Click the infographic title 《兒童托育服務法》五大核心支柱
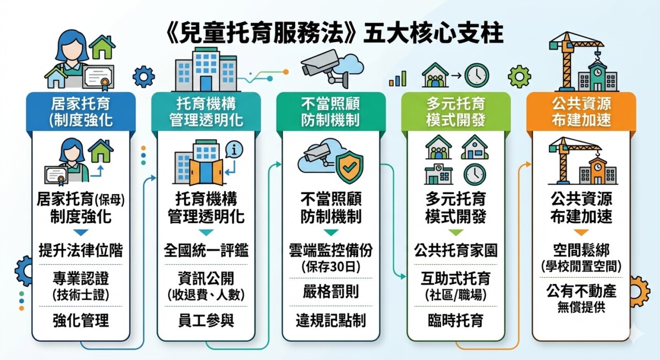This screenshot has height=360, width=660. coord(334,34)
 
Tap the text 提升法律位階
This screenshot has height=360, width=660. coord(81,251)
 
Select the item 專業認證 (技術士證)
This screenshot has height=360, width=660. coord(81,286)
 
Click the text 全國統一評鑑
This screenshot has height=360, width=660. coord(206,251)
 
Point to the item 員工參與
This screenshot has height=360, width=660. coord(206,320)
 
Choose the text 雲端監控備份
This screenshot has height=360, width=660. coord(331,251)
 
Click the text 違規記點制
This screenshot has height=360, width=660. coord(331,320)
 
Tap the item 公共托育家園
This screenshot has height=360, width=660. coord(456,251)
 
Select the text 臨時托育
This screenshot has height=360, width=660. coord(456,320)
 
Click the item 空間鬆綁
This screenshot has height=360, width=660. coord(581,251)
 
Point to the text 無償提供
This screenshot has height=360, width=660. coord(581,308)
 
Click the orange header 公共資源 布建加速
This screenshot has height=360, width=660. coord(581,112)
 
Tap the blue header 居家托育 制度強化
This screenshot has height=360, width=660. coord(81,112)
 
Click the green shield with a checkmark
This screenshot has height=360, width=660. coord(350,167)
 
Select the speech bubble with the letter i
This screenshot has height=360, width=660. coord(234,150)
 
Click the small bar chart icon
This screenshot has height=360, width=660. coord(398,79)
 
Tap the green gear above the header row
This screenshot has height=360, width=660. coord(519,77)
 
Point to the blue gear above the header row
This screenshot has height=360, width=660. coord(144,77)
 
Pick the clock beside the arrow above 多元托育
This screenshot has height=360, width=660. coord(477,75)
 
